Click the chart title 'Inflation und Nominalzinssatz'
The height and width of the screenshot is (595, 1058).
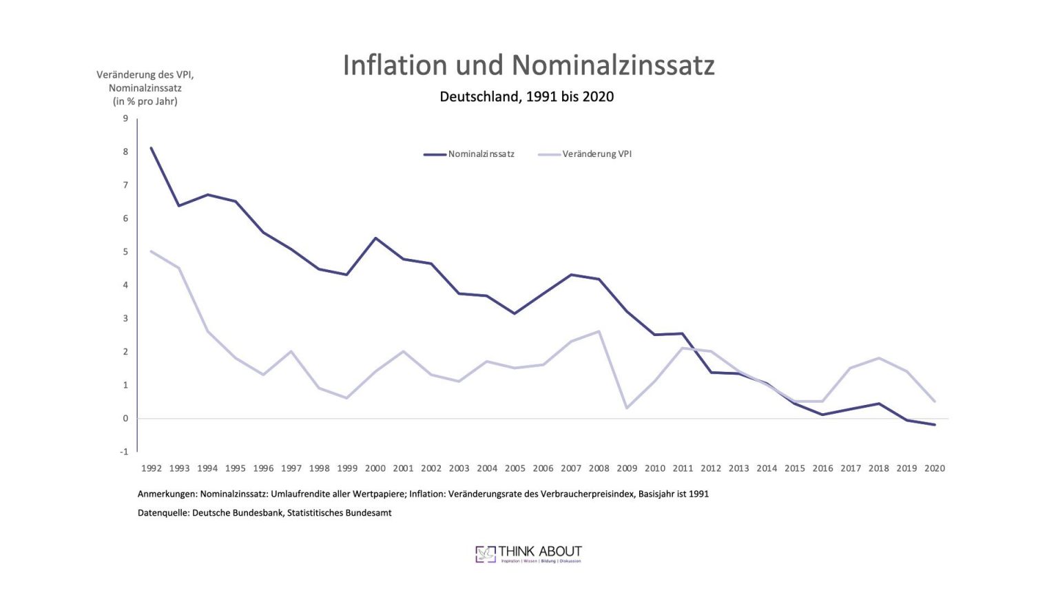pyautogui.click(x=528, y=65)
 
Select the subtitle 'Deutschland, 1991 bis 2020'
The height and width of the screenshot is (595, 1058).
pyautogui.click(x=526, y=96)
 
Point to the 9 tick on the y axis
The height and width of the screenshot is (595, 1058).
pyautogui.click(x=125, y=118)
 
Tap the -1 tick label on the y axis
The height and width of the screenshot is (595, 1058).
pyautogui.click(x=124, y=452)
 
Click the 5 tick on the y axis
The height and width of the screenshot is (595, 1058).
pyautogui.click(x=125, y=252)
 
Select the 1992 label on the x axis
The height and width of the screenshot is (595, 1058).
pyautogui.click(x=152, y=468)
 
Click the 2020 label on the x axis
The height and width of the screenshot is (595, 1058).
pyautogui.click(x=934, y=468)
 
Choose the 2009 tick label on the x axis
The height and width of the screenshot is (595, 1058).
pyautogui.click(x=627, y=468)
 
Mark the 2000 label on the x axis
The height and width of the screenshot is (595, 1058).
pyautogui.click(x=375, y=468)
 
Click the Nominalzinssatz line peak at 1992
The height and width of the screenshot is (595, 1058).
pyautogui.click(x=152, y=148)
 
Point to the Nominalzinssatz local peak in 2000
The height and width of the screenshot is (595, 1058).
pyautogui.click(x=375, y=238)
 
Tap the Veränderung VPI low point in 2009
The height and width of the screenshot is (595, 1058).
pyautogui.click(x=627, y=408)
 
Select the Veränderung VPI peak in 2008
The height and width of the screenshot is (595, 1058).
pyautogui.click(x=599, y=331)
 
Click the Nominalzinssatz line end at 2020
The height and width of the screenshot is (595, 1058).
pyautogui.click(x=934, y=424)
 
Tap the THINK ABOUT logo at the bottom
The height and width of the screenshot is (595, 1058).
pyautogui.click(x=528, y=554)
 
